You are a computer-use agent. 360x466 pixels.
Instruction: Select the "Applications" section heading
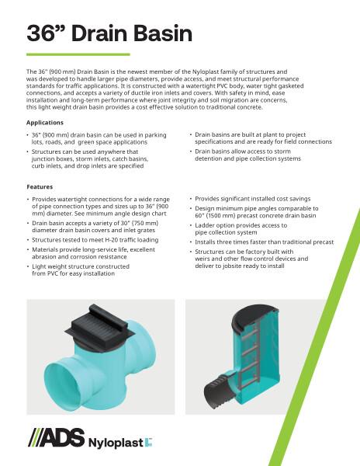44,123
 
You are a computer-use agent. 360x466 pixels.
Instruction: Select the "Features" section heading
40,187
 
